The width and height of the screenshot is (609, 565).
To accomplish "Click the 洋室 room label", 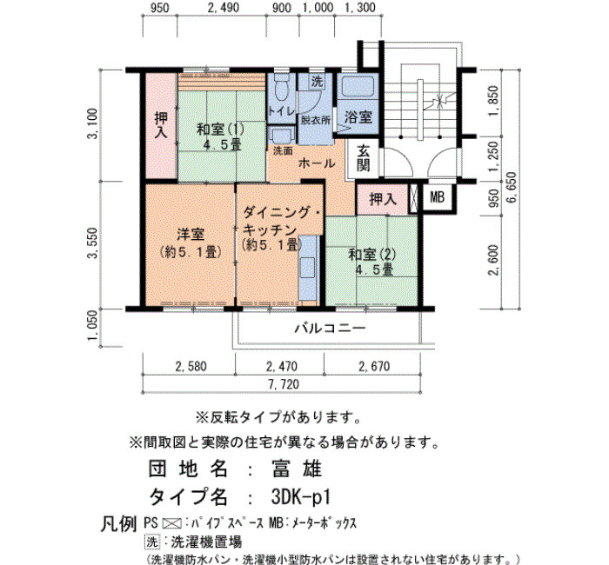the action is point(191,235).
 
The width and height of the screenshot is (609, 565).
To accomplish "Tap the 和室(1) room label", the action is point(220,130).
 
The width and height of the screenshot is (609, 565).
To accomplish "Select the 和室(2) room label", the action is point(372,255).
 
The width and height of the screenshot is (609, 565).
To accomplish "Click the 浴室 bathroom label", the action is point(358,116).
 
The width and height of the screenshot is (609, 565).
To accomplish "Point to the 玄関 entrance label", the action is point(363,157).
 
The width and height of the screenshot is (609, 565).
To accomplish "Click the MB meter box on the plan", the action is point(437,197).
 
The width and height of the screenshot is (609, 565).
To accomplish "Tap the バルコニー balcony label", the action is point(330,329).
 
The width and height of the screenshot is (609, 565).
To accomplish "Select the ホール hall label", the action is point(317,163).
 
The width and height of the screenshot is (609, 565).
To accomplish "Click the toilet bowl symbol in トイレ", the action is point(282,87).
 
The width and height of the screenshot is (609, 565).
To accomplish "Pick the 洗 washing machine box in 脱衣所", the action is point(318,82).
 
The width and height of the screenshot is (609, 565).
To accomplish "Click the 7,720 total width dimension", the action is point(284,384).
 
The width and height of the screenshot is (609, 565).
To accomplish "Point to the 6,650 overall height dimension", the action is point(512,187).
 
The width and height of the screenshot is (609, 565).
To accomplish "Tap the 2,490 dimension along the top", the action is point(224,8).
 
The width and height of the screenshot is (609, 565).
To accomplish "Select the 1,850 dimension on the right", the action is point(493,101).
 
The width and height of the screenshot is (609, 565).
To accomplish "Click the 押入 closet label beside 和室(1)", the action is point(161,125).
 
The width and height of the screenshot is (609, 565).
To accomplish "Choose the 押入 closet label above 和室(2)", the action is point(383,199).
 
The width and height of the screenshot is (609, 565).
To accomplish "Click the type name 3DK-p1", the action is point(301,497).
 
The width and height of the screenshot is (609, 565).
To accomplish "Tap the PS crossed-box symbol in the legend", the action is point(171,523).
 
